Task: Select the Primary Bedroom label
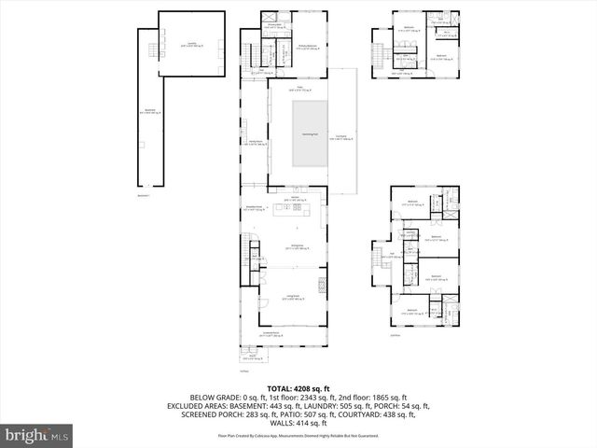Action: click(x=309, y=45)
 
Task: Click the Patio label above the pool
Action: click(x=301, y=89)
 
